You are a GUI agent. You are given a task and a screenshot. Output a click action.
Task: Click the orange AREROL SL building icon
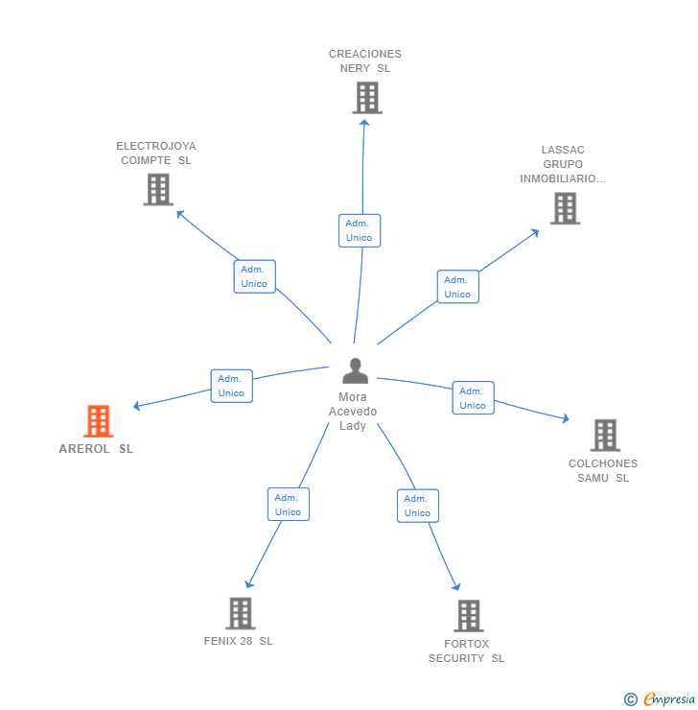pyautogui.click(x=98, y=421)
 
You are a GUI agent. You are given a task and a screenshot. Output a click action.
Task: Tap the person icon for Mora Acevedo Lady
pyautogui.click(x=355, y=371)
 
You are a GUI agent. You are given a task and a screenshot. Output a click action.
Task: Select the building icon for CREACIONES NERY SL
pyautogui.click(x=366, y=97)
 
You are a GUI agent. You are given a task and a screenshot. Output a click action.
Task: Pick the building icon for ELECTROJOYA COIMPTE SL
pyautogui.click(x=158, y=189)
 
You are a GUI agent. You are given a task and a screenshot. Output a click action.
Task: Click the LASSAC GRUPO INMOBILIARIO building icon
pyautogui.click(x=565, y=207)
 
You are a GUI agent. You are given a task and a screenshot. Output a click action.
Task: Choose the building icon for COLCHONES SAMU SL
pyautogui.click(x=604, y=435)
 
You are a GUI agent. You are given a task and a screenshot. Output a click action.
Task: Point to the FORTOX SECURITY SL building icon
pyautogui.click(x=468, y=615)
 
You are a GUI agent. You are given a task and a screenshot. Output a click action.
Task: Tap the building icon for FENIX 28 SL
pyautogui.click(x=240, y=612)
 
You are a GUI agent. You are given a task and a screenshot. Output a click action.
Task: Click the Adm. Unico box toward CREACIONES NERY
pyautogui.click(x=360, y=230)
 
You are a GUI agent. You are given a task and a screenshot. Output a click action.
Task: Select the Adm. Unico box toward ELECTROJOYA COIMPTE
pyautogui.click(x=254, y=276)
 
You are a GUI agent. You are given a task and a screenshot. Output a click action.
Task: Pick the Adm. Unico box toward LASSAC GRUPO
pyautogui.click(x=457, y=287)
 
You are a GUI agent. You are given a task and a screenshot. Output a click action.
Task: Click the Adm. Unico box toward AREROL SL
pyautogui.click(x=231, y=386)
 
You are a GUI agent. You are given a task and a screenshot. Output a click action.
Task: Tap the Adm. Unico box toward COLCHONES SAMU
pyautogui.click(x=473, y=398)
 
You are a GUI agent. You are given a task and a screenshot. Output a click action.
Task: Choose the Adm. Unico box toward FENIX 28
pyautogui.click(x=288, y=505)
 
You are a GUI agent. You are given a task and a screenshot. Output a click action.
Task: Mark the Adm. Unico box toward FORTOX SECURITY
pyautogui.click(x=417, y=506)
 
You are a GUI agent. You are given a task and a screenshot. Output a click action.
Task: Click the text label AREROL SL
pyautogui.click(x=96, y=449)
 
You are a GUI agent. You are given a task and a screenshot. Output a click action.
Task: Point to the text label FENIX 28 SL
pyautogui.click(x=238, y=641)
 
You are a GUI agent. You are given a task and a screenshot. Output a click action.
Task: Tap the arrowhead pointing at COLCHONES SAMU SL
pyautogui.click(x=566, y=419)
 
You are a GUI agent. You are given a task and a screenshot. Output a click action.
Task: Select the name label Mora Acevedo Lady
pyautogui.click(x=353, y=412)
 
